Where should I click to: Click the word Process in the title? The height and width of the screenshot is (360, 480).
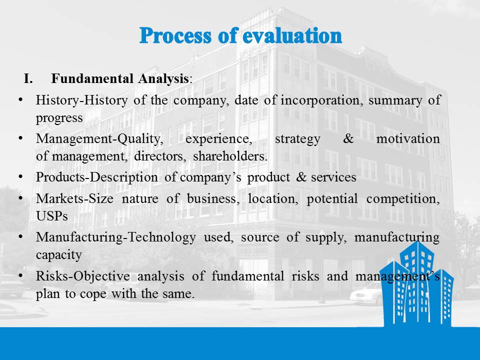pyautogui.click(x=175, y=35)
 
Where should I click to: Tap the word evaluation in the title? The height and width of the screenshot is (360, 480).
pyautogui.click(x=292, y=35)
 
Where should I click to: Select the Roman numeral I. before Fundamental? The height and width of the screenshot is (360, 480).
pyautogui.click(x=28, y=78)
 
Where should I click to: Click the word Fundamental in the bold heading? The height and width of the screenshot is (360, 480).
pyautogui.click(x=92, y=78)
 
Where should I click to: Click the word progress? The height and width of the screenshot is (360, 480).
pyautogui.click(x=59, y=118)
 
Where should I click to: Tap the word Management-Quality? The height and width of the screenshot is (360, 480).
pyautogui.click(x=99, y=139)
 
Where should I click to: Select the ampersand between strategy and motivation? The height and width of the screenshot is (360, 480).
pyautogui.click(x=348, y=138)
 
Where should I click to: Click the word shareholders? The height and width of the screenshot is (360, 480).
pyautogui.click(x=230, y=156)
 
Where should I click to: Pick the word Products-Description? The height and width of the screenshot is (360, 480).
pyautogui.click(x=96, y=177)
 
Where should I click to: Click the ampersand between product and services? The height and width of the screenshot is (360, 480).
pyautogui.click(x=301, y=177)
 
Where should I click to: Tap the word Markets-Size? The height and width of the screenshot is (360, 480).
pyautogui.click(x=74, y=198)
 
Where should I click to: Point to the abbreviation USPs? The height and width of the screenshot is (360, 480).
pyautogui.click(x=51, y=216)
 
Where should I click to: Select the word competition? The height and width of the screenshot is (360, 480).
pyautogui.click(x=403, y=199)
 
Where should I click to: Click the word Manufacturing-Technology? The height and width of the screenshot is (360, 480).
pyautogui.click(x=115, y=237)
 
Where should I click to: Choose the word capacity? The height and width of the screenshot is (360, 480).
pyautogui.click(x=59, y=255)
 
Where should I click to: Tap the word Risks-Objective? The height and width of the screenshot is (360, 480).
pyautogui.click(x=82, y=276)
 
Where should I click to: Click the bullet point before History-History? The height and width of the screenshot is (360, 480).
pyautogui.click(x=20, y=99)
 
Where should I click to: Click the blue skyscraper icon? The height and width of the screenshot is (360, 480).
pyautogui.click(x=416, y=284)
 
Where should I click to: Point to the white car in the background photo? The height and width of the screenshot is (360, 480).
pyautogui.click(x=366, y=294)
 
